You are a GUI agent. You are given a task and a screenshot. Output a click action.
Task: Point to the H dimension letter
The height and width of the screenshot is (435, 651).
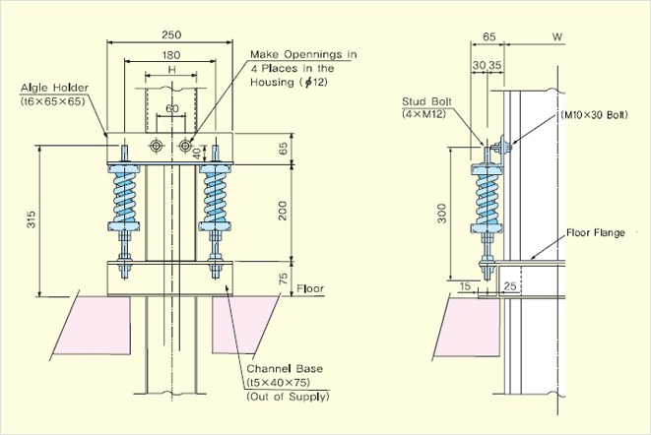[x=171, y=72]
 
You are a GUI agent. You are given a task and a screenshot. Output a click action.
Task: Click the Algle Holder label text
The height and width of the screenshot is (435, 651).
[x=55, y=89]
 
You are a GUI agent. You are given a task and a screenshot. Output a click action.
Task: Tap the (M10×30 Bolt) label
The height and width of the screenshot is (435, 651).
[x=594, y=115]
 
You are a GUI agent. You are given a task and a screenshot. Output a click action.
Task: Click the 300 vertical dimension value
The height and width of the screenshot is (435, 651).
[x=442, y=212]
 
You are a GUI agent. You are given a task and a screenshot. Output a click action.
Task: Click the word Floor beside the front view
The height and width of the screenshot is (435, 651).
[x=311, y=289]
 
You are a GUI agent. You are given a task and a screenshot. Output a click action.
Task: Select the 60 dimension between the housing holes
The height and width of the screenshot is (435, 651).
[x=172, y=108]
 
